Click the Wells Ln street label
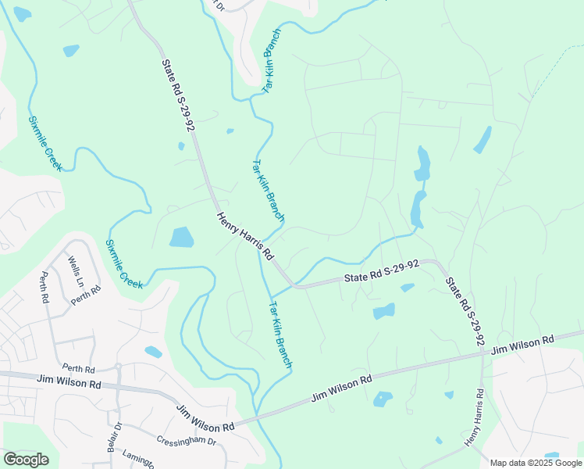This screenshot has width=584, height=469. pyautogui.click(x=75, y=269)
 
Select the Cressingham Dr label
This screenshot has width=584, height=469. pyautogui.click(x=186, y=441)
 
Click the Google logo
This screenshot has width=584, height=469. pyautogui.click(x=26, y=460)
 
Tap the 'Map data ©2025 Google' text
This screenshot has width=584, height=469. pyautogui.click(x=536, y=463)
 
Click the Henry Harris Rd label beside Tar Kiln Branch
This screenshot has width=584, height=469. pyautogui.click(x=246, y=236)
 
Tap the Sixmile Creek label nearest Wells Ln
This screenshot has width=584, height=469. pyautogui.click(x=125, y=264)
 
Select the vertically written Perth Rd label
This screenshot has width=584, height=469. pyautogui.click(x=45, y=288)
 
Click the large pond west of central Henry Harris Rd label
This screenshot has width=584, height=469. pyautogui.click(x=182, y=237)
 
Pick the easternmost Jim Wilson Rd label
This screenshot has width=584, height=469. pyautogui.click(x=522, y=345)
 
